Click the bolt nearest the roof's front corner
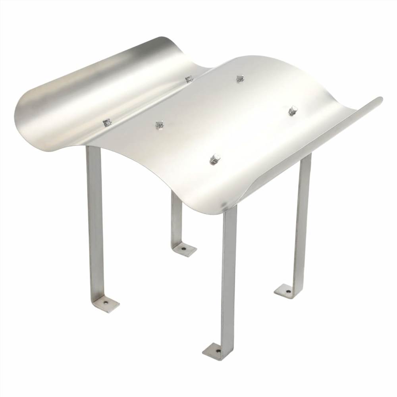pyautogui.click(x=215, y=159)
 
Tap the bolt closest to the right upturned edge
pyautogui.click(x=293, y=110)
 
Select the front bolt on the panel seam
pyautogui.click(x=107, y=123)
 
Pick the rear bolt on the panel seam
pyautogui.click(x=189, y=79)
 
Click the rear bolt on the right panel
pyautogui.click(x=240, y=78)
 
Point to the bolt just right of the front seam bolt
pyautogui.click(x=160, y=125)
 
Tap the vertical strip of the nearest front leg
pyautogui.click(x=229, y=274)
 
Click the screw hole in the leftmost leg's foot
pyautogui.click(x=106, y=303)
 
